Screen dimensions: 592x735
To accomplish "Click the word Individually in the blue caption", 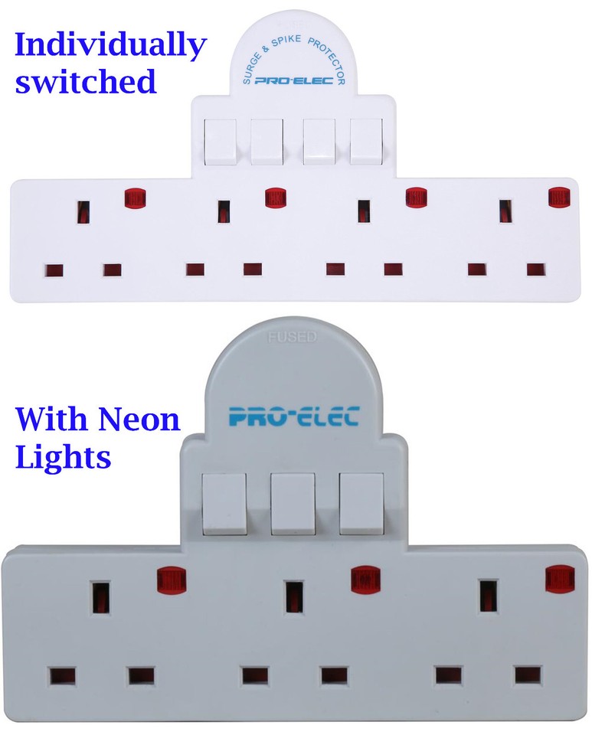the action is pos(110,46).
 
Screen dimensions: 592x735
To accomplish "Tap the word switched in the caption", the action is pos(86,81).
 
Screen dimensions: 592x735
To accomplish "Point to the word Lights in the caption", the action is pos(64,456).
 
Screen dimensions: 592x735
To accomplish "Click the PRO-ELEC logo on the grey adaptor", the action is pos(294,416).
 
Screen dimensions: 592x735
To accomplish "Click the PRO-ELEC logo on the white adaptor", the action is pos(293,80).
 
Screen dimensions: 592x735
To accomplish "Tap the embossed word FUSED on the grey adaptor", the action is pos(293,337).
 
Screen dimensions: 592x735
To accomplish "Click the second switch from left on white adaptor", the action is pos(267,142).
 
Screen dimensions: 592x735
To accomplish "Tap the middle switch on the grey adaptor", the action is pos(293,504).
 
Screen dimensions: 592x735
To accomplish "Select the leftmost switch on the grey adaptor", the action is pos(224,504).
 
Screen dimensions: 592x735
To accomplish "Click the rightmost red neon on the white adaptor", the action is pos(560,198).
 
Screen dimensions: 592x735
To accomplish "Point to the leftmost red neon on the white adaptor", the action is pos(135,198).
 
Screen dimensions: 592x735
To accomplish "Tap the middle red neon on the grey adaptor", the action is pos(365,578).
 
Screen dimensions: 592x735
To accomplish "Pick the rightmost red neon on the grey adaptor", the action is pos(560,579).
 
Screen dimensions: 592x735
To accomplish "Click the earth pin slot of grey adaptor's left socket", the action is pos(100,597).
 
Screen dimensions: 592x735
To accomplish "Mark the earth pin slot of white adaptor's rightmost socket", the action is pos(505,211).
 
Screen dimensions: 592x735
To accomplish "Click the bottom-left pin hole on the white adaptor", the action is pos(54,271).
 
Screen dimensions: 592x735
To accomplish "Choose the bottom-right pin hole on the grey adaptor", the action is pos(528,675).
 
